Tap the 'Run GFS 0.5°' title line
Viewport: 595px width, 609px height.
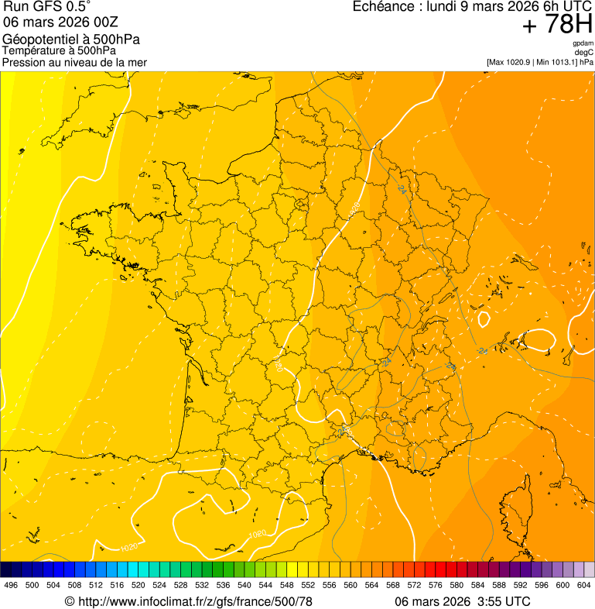pos(47,8)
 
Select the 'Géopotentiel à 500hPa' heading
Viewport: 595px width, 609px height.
pos(71,40)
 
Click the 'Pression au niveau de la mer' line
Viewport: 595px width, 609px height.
pos(74,62)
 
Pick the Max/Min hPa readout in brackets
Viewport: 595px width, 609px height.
pos(539,62)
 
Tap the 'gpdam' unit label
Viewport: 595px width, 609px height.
pos(583,43)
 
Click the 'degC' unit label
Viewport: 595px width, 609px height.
pos(584,52)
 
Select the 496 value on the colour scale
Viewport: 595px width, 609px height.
pos(11,586)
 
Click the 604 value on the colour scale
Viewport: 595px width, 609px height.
pos(584,586)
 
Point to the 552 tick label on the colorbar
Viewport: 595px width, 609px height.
pos(308,586)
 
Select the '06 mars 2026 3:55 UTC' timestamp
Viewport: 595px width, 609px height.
pos(462,601)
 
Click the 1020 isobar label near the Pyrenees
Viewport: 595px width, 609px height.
pos(258,534)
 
